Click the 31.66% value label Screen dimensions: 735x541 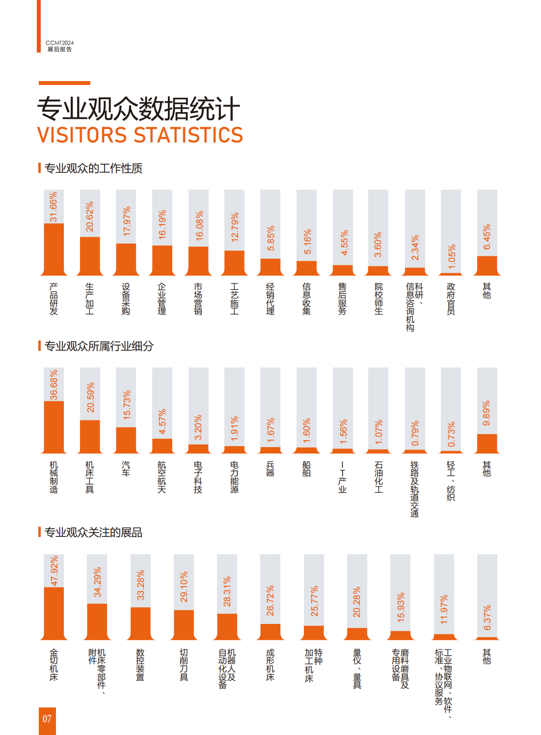click(x=54, y=207)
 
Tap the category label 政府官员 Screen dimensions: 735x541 click(x=451, y=299)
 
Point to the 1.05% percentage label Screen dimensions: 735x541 click(x=452, y=257)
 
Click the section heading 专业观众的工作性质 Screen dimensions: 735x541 click(x=93, y=169)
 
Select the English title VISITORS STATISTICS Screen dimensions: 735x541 click(x=140, y=135)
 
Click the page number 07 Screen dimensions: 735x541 click(x=47, y=719)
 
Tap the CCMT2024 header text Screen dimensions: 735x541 click(x=59, y=43)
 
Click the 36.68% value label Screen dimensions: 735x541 click(x=54, y=385)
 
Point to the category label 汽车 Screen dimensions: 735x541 click(x=126, y=469)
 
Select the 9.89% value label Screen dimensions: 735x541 click(x=487, y=413)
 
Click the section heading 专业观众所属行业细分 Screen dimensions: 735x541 click(x=99, y=346)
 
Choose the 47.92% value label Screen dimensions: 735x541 click(x=54, y=571)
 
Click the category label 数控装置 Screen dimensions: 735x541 click(x=140, y=665)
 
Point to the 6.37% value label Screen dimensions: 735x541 click(x=487, y=618)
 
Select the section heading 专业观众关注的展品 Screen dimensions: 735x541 click(x=93, y=533)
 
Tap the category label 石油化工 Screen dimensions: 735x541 click(x=379, y=477)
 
